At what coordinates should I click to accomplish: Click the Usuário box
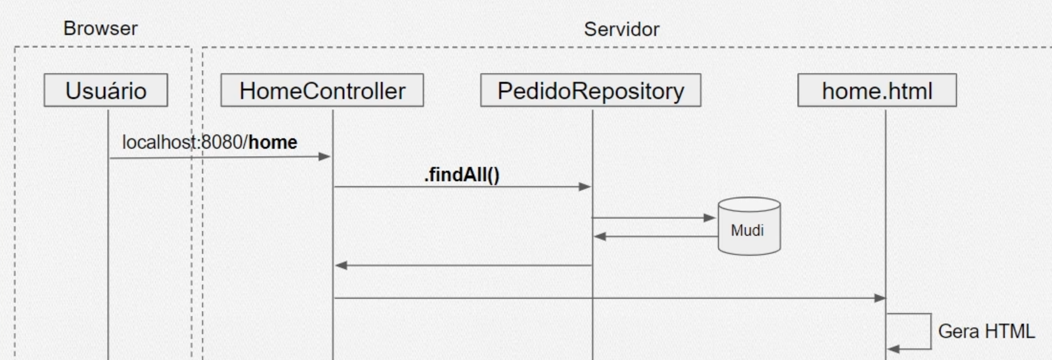click(x=106, y=90)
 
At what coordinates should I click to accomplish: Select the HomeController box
click(x=322, y=90)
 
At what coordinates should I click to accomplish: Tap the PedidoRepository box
click(x=590, y=90)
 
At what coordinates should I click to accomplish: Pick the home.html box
click(x=877, y=90)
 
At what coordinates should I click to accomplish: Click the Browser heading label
click(x=101, y=29)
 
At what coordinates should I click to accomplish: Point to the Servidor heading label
click(x=621, y=29)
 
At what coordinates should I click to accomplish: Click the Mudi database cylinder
click(x=749, y=229)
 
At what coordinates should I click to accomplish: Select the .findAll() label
click(x=462, y=175)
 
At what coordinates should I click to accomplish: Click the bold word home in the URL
click(x=273, y=142)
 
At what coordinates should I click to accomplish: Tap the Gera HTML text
click(x=986, y=331)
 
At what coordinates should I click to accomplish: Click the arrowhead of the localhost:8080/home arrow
click(x=325, y=156)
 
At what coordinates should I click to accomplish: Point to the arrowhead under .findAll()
click(x=584, y=187)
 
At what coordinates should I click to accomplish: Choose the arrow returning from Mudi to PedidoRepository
click(x=656, y=236)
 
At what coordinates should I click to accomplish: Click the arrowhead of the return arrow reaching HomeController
click(x=341, y=265)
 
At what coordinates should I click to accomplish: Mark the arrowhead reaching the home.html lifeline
click(x=880, y=298)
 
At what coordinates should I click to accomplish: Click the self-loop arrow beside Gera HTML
click(x=930, y=331)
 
